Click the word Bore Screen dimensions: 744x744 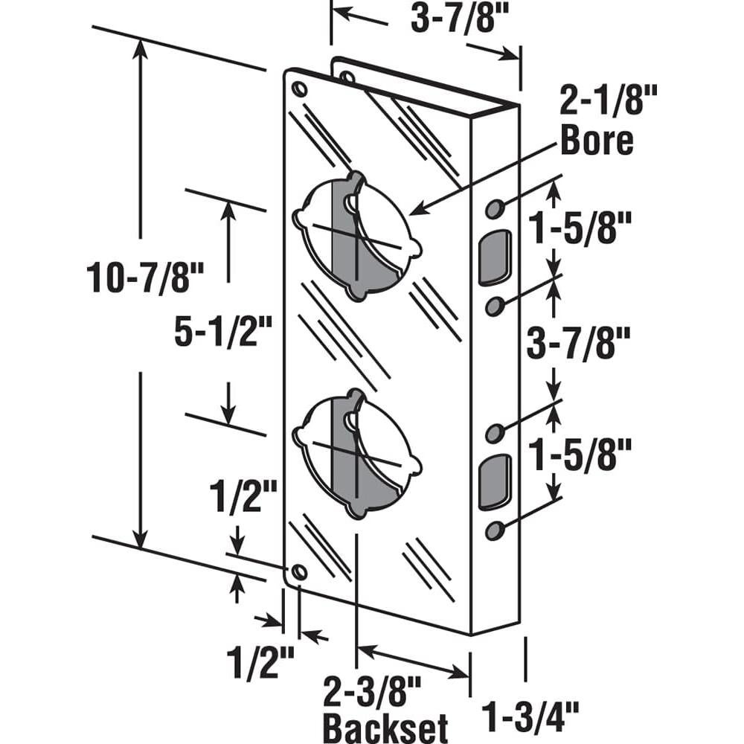597,141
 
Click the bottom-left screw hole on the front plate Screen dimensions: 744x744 299,572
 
